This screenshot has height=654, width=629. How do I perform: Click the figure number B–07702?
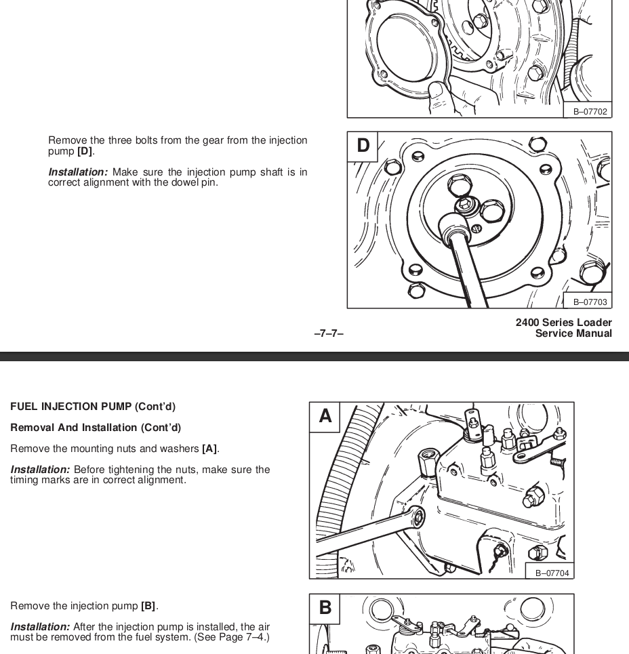coord(590,112)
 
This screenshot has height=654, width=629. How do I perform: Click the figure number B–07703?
coord(590,302)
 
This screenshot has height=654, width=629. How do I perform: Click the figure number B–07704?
coord(552,573)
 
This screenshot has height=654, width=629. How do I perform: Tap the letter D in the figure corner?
coord(363,146)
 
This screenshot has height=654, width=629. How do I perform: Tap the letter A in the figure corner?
coord(325,416)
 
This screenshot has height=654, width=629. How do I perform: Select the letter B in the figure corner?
coord(325,608)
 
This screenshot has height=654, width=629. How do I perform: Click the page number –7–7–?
coord(329,333)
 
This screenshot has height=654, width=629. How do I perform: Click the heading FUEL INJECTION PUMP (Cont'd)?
coord(93,407)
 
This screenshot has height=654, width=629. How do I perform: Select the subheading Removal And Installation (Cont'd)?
coord(96,428)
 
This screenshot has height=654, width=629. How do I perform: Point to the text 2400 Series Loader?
coord(563,323)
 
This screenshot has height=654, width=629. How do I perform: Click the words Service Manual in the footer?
coord(573,333)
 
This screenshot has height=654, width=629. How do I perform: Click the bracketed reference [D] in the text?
coord(85,151)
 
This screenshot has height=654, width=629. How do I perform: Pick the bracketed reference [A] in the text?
coord(209,449)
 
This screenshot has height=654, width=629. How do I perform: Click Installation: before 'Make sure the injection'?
coord(77,172)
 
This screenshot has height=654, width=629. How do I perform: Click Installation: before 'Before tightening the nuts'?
coord(40,470)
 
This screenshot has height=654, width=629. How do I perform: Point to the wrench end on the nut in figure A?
coord(417,518)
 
